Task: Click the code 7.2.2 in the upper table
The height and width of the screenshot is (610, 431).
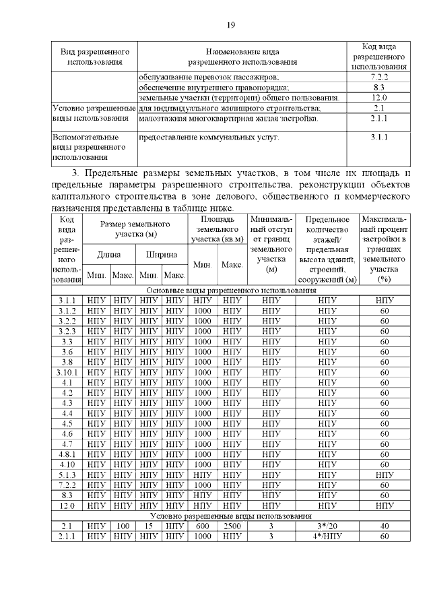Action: coord(378,78)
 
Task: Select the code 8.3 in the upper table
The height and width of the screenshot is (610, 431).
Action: coord(378,88)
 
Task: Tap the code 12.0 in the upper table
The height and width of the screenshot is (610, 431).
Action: coord(378,98)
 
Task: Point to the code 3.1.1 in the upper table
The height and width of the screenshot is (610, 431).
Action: coord(378,138)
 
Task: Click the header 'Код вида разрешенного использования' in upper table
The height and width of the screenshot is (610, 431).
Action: coord(378,56)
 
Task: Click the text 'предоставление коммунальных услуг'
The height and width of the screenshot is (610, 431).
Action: coord(208,138)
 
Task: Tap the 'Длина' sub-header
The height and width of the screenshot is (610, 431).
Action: coord(108,255)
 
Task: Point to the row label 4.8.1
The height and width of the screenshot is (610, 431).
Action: coord(67,454)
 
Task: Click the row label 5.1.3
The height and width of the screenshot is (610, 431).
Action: coord(67,475)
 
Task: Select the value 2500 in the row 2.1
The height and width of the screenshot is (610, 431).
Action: coord(232,526)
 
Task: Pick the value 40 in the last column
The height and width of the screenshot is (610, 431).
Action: coord(385,526)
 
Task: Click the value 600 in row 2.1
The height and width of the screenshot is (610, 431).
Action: coord(203,526)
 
